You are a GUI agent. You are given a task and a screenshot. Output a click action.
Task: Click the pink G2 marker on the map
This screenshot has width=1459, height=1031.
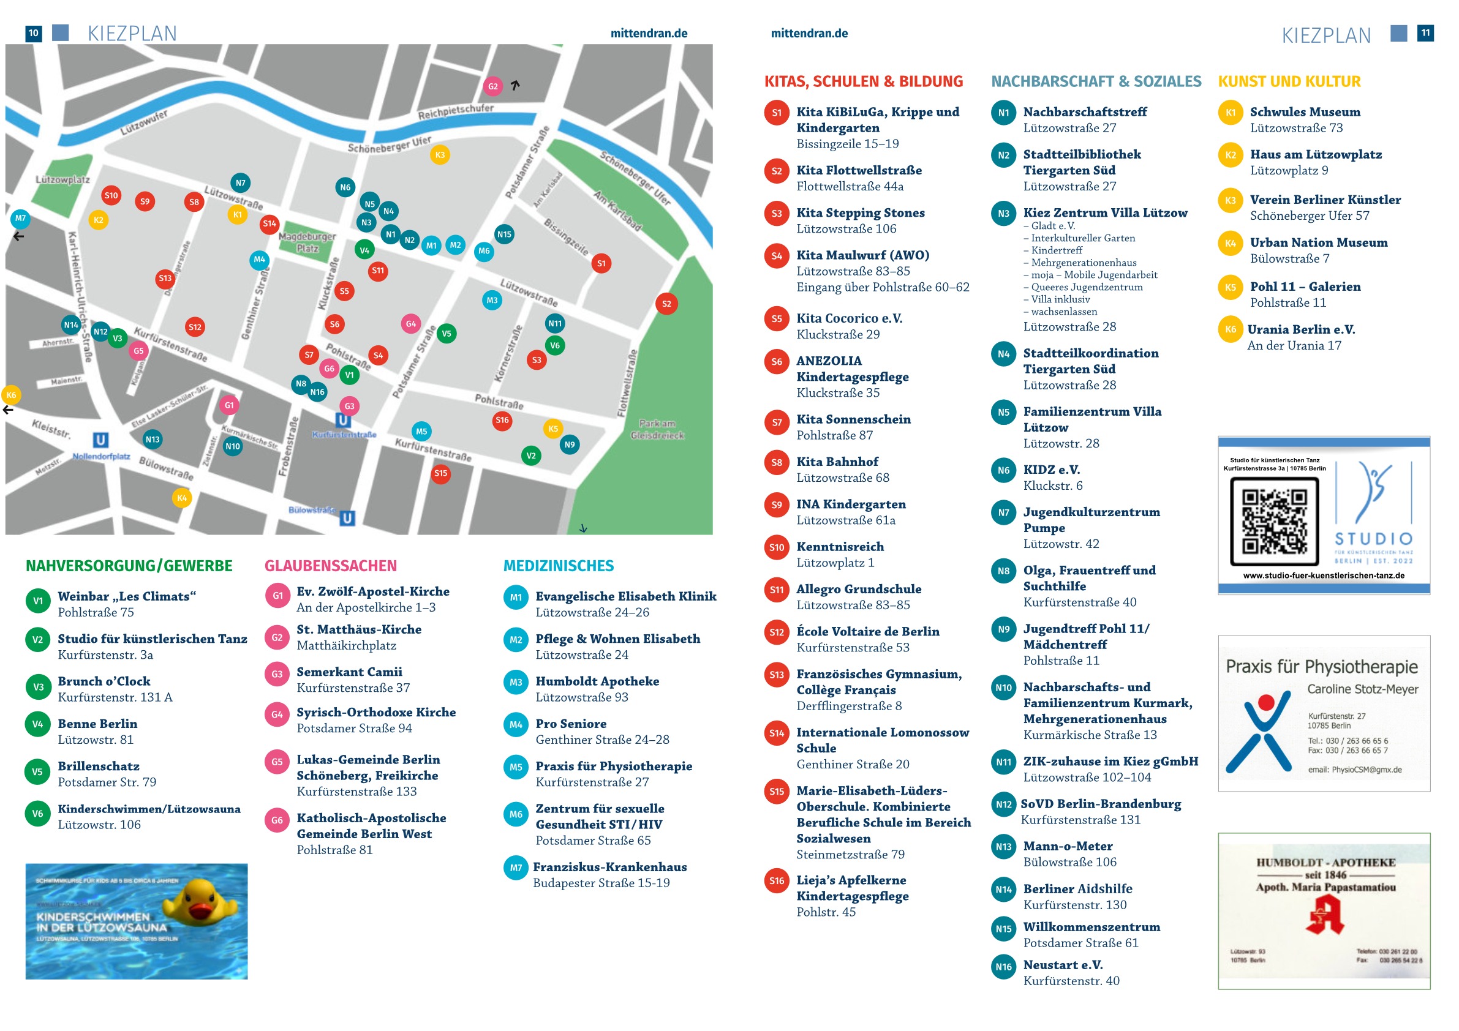[x=492, y=86]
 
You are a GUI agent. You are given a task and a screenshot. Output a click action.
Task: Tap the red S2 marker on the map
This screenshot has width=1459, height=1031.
[x=666, y=304]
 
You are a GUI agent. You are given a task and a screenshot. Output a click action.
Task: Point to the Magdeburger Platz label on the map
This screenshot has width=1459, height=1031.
[x=307, y=242]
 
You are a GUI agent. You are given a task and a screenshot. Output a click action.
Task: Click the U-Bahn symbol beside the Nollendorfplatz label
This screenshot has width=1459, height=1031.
[x=100, y=440]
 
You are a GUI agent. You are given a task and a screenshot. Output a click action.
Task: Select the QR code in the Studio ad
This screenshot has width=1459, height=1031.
[x=1274, y=521]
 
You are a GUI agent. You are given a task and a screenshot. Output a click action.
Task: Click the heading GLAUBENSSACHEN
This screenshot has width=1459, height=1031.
[x=330, y=565]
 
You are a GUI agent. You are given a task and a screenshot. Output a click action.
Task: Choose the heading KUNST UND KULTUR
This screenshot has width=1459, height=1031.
[x=1289, y=81]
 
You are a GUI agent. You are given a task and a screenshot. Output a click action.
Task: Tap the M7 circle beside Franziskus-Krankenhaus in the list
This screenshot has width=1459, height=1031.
[x=515, y=868]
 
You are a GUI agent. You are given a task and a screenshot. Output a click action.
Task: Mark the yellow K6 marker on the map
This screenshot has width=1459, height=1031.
[x=12, y=395]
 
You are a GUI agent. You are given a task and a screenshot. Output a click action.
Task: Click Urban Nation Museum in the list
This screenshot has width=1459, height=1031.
[x=1319, y=242]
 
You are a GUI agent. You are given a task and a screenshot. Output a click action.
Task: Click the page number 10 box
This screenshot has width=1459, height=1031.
[x=34, y=33]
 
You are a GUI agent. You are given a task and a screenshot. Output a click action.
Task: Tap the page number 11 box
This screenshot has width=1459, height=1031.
[x=1425, y=33]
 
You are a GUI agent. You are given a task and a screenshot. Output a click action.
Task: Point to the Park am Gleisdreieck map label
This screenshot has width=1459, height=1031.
[x=657, y=429]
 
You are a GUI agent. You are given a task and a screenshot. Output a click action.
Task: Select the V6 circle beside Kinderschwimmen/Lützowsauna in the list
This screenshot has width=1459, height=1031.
[x=37, y=814]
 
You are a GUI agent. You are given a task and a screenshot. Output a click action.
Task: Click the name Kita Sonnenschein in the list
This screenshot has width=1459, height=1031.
[x=853, y=419]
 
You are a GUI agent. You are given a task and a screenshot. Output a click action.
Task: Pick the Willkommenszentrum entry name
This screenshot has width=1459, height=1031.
[x=1091, y=927]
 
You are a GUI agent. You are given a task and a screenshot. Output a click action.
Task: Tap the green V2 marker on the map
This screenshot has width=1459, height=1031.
[x=530, y=456]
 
